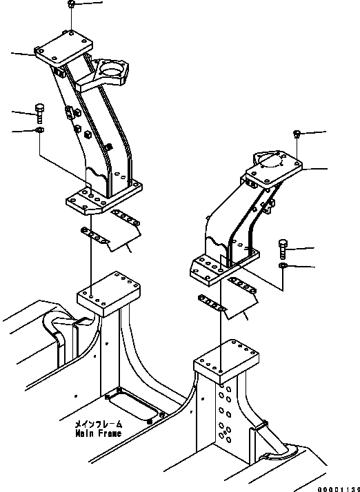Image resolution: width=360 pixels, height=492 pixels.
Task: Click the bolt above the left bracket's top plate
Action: pos(72,6)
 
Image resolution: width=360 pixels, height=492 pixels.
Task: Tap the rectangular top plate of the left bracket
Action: pos(63,50)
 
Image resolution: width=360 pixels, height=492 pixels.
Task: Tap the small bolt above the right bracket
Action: pos(297,132)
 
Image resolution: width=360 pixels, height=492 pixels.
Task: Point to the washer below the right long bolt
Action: pos(283,265)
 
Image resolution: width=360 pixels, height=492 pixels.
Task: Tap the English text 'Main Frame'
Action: pos(99,433)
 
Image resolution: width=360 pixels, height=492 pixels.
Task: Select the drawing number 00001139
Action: pos(339,486)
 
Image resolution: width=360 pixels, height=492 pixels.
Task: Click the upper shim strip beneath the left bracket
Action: pos(126,218)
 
